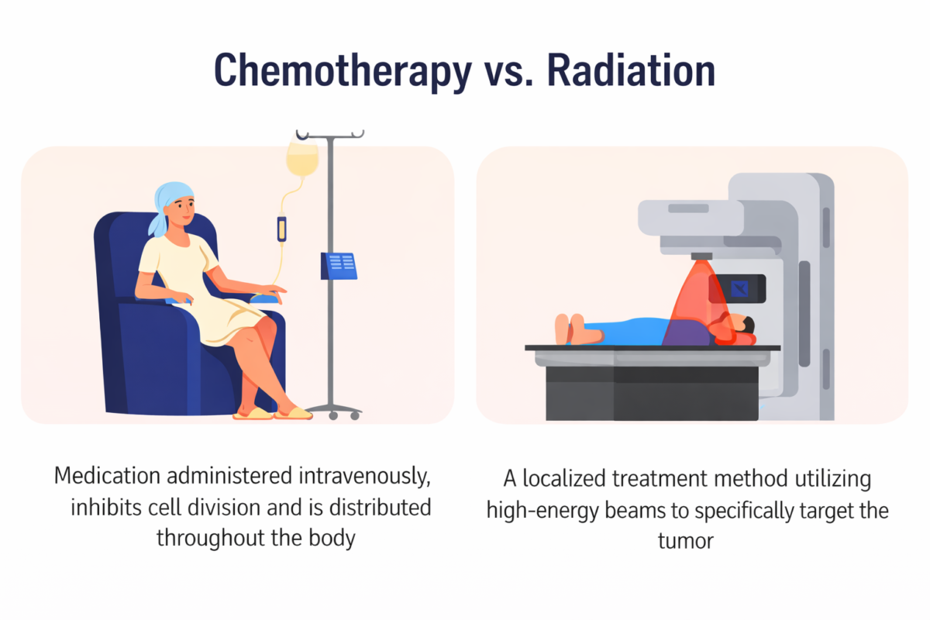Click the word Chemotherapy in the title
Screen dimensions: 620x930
[342, 71]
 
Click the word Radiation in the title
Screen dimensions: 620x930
[630, 71]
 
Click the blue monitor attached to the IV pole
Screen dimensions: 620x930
[338, 266]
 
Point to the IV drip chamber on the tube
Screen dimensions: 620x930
[281, 228]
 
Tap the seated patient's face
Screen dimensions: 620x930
[184, 208]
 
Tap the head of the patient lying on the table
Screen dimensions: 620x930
[740, 326]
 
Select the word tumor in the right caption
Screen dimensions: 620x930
[685, 540]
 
